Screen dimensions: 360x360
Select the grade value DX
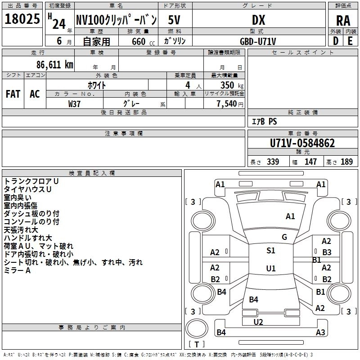(x=258, y=20)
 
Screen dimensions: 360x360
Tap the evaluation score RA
(x=343, y=21)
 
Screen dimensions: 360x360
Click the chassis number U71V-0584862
(x=302, y=143)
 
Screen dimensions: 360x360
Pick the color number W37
(x=74, y=103)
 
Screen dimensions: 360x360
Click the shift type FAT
(x=13, y=94)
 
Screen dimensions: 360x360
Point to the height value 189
(x=346, y=162)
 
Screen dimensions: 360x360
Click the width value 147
(x=310, y=162)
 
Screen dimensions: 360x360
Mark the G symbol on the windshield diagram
(x=284, y=237)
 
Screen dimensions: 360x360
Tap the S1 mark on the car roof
(x=271, y=251)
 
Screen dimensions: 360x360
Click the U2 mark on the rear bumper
(x=258, y=322)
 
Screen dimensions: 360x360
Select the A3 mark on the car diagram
(x=320, y=333)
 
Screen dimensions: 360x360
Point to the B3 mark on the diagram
(x=327, y=252)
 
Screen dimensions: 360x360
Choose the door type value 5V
(x=175, y=20)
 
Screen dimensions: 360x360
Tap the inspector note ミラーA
(x=17, y=270)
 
